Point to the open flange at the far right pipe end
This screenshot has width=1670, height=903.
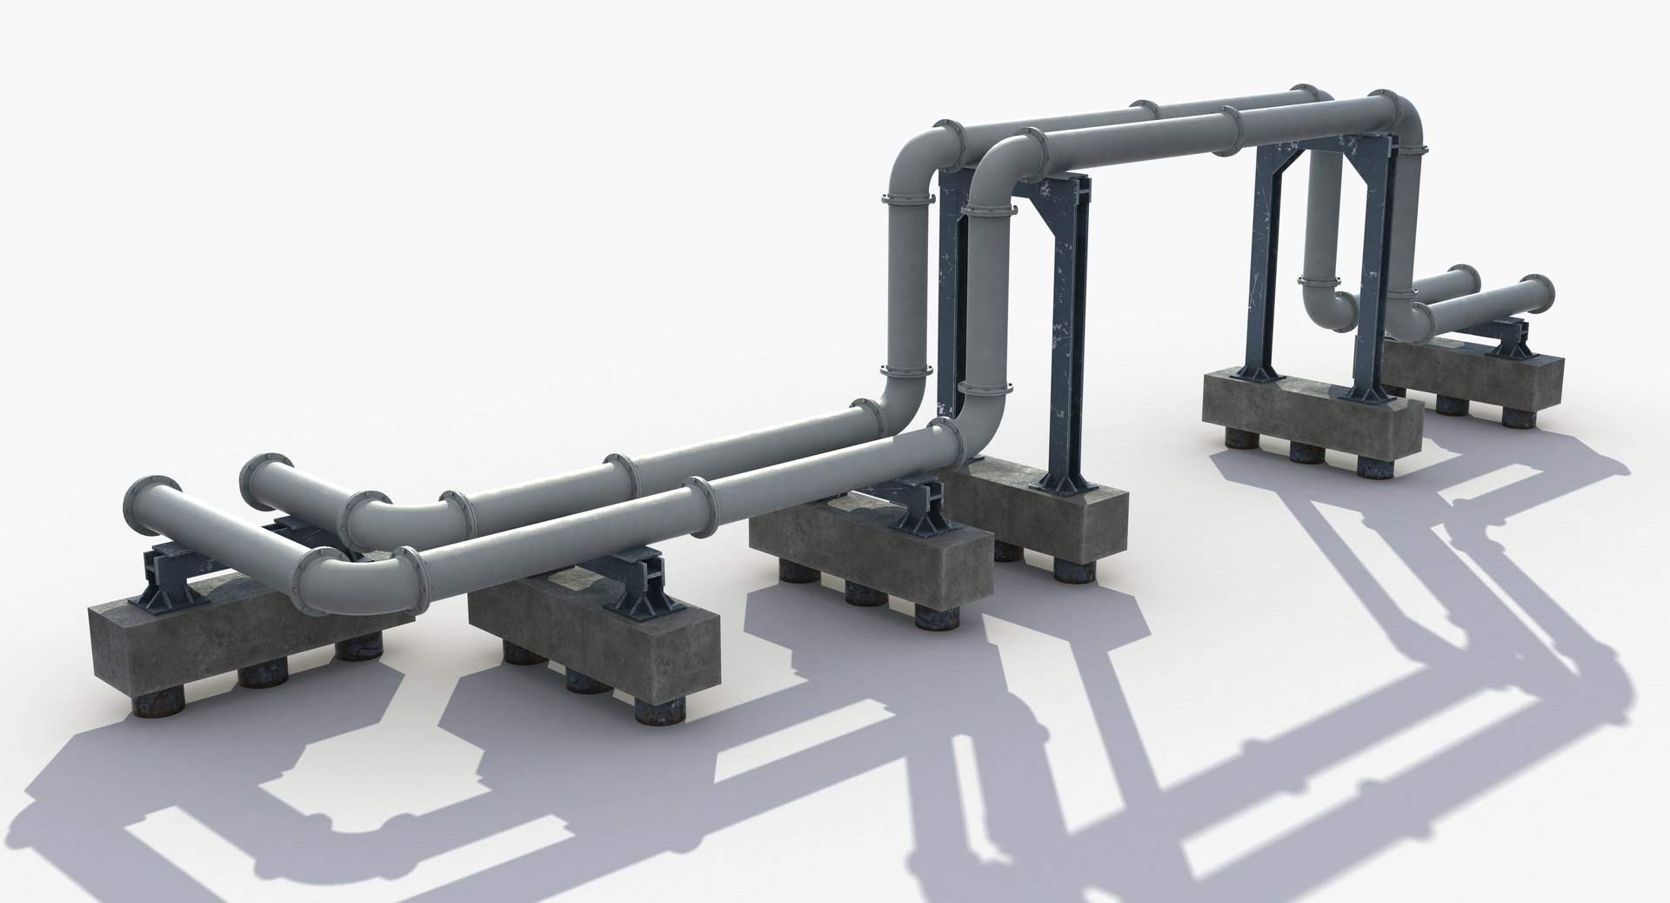point(1543,296)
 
